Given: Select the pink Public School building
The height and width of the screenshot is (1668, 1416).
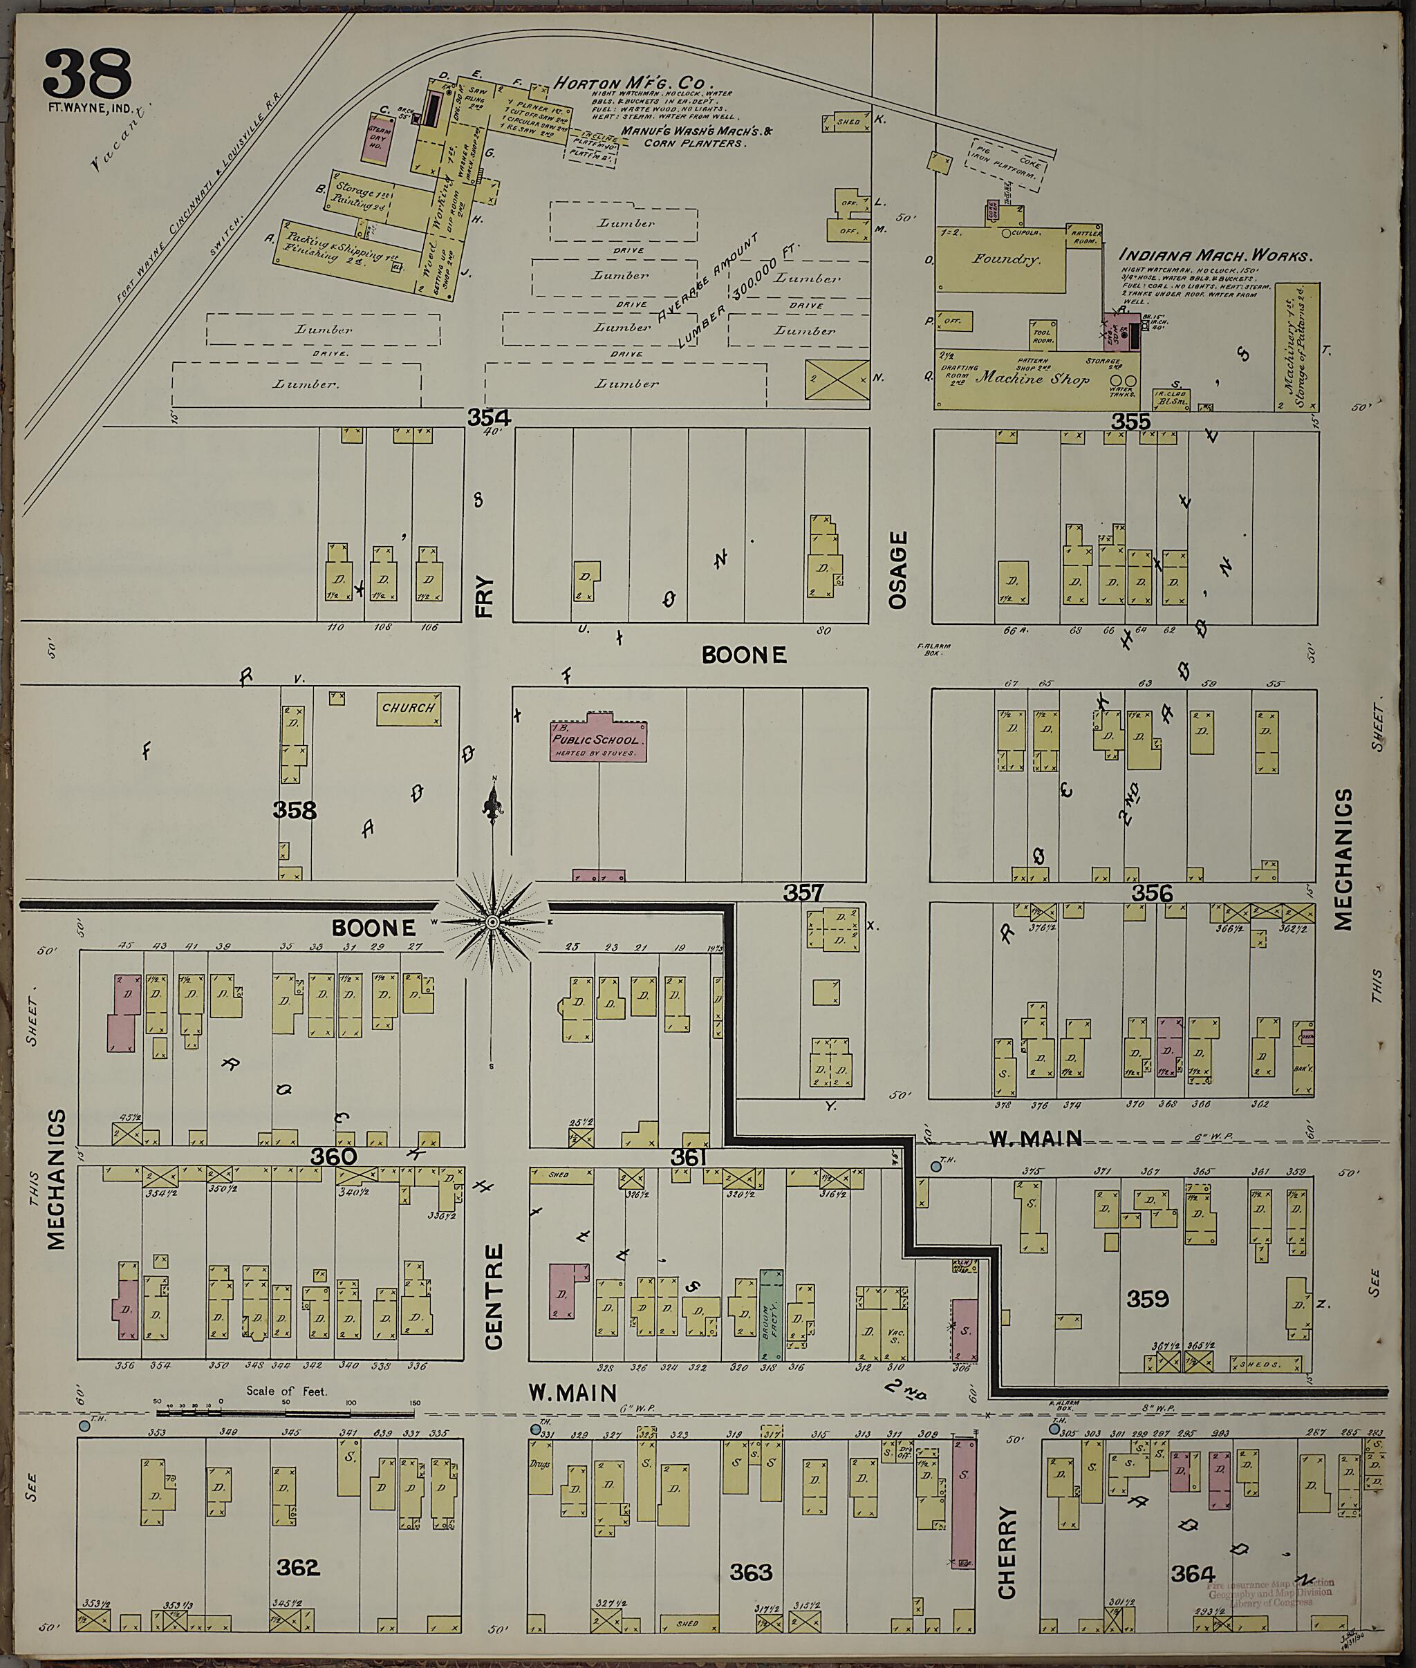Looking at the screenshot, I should (598, 740).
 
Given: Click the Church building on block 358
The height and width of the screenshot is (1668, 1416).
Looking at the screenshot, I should (409, 708).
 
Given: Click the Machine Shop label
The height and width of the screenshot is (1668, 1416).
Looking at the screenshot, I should (1032, 379).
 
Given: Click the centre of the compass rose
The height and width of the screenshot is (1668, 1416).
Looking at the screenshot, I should (492, 923).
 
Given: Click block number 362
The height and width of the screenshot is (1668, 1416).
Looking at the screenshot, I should (298, 1566).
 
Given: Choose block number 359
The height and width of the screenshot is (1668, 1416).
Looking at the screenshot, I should (1146, 1298).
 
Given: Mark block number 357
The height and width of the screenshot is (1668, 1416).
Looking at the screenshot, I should (803, 892).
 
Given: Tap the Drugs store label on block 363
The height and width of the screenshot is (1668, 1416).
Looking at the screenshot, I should (540, 1463).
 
